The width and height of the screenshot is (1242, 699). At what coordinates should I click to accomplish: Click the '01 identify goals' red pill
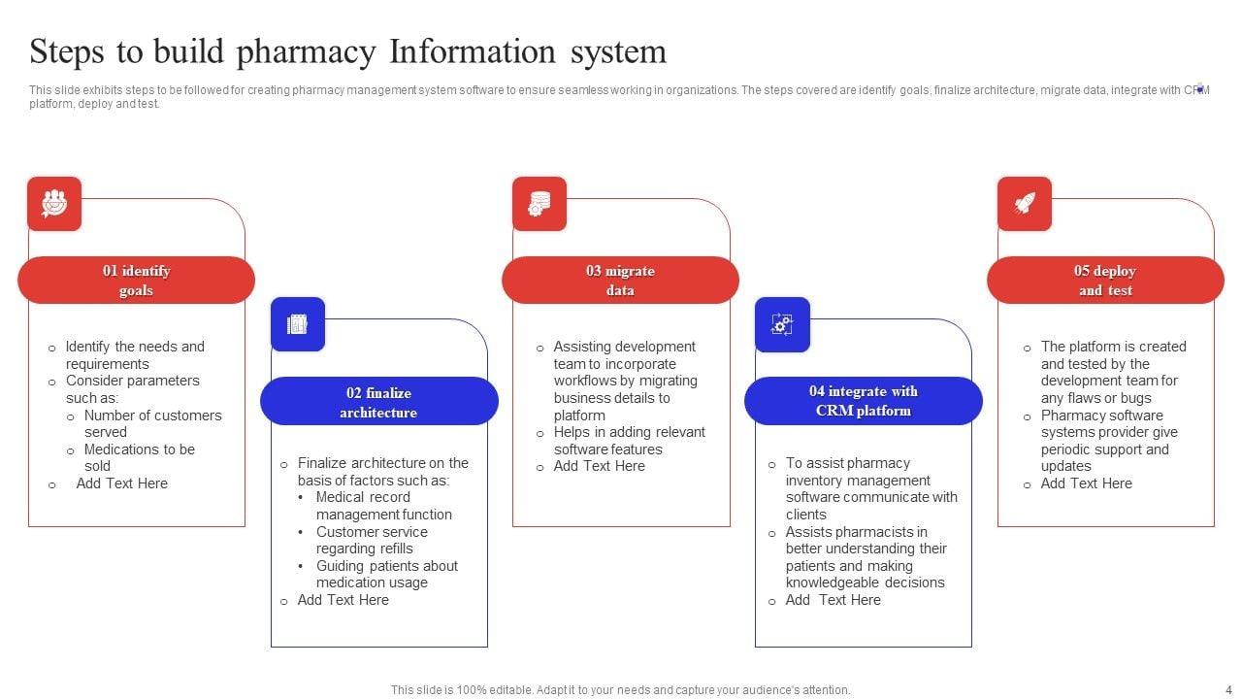(136, 281)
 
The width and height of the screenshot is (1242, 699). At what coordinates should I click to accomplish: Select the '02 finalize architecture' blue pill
(378, 402)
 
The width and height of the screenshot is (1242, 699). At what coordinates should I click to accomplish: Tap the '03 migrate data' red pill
(620, 281)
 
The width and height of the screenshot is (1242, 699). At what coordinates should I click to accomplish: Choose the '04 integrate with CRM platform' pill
(863, 401)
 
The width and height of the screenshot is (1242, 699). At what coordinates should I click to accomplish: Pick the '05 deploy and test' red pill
(1105, 281)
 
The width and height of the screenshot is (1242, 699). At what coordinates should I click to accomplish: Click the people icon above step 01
(54, 204)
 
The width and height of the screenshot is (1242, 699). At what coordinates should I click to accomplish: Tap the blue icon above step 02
(298, 324)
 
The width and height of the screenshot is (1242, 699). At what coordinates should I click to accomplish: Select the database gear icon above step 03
(539, 204)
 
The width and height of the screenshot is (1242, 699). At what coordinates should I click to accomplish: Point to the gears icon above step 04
(782, 324)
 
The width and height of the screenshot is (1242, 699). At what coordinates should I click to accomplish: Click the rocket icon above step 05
(1025, 204)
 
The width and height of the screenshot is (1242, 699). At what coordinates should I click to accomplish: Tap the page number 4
(1215, 689)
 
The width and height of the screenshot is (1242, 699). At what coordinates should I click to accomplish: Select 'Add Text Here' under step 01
(122, 483)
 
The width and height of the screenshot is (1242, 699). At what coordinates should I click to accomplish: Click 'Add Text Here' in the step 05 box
(1086, 483)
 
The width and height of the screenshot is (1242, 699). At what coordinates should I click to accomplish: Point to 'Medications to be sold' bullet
(139, 457)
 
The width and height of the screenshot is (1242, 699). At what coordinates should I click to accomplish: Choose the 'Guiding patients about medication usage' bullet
(386, 575)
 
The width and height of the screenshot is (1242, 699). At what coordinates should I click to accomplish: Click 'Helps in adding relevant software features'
(629, 441)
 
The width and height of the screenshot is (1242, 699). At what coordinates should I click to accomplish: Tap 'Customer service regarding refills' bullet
(371, 541)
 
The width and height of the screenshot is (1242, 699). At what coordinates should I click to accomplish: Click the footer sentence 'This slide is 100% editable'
(620, 690)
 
